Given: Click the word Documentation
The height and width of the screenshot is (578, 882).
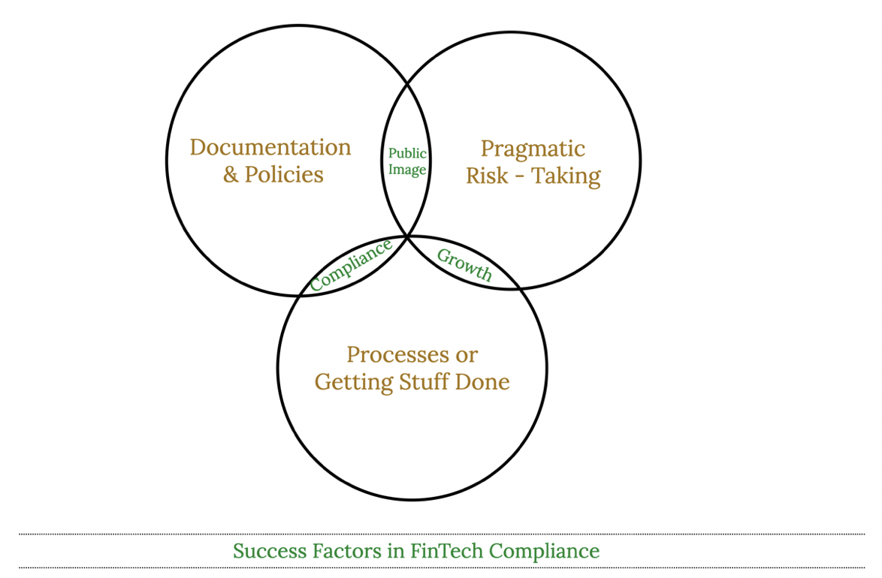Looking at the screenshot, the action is coord(270,147).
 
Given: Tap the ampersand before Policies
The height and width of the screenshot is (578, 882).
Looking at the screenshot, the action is coord(230,175).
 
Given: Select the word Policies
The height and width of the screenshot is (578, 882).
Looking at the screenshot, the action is coord(284,175).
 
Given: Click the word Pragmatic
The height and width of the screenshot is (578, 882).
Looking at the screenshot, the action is coord(533,149).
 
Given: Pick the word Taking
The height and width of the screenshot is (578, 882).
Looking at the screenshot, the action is coord(566,176).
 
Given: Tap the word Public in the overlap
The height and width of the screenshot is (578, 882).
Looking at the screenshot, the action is coord(407,154).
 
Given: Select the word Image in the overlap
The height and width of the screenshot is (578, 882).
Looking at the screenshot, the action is coord(407,170).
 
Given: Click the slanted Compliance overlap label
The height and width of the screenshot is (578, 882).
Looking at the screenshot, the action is coord(351,266).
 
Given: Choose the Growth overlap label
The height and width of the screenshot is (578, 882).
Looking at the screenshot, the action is coord(464,265).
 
